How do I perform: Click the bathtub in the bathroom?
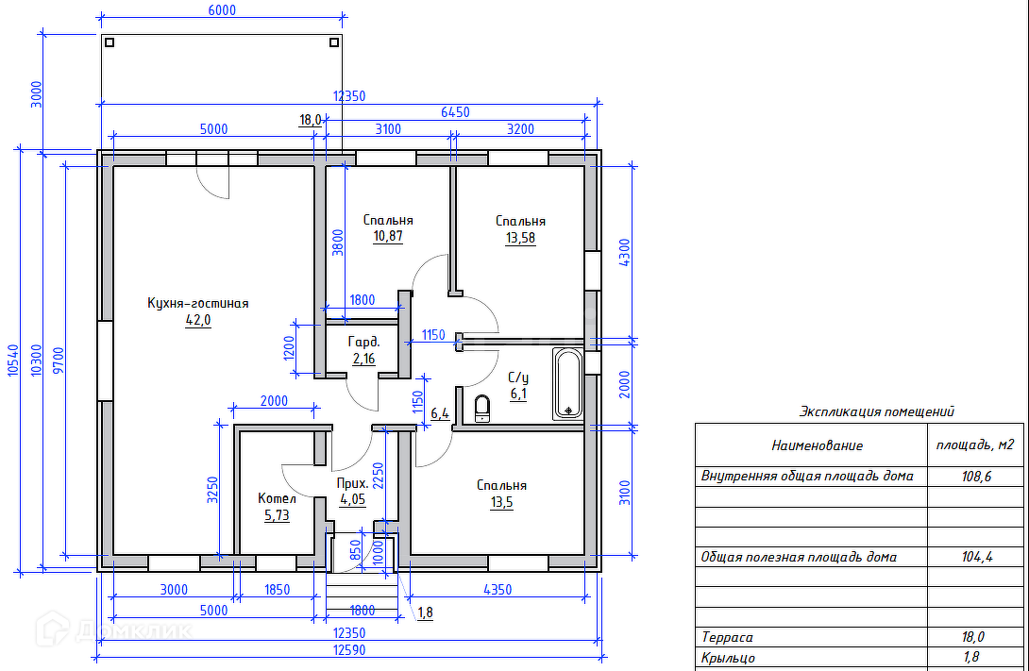(567, 384)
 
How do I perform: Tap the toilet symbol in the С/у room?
(482, 408)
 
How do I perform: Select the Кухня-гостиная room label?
(197, 303)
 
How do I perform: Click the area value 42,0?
(198, 320)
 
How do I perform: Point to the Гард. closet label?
(363, 342)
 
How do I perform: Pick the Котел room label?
(277, 498)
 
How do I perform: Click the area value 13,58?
(520, 238)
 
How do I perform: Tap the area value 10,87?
(388, 236)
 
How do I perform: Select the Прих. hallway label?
(352, 483)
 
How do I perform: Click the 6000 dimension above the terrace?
(221, 10)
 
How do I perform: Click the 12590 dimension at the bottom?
(349, 650)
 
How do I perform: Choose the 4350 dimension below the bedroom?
(498, 590)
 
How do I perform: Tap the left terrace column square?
(110, 42)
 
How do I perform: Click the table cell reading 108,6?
(976, 477)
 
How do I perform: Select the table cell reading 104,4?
(976, 558)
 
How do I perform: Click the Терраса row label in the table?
(727, 638)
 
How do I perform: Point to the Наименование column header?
(817, 446)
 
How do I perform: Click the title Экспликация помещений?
(877, 411)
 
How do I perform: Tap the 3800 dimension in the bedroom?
(337, 243)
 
